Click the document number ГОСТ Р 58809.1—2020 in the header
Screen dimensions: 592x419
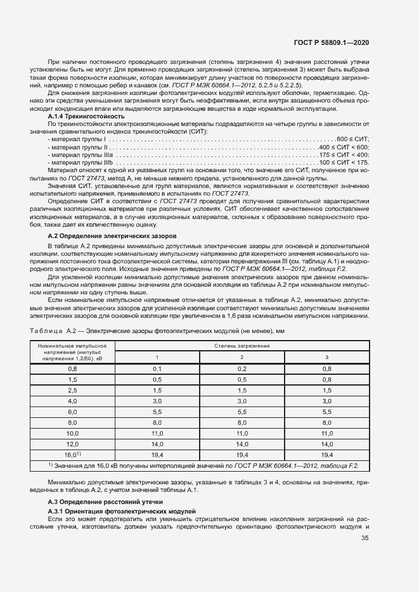[332, 42]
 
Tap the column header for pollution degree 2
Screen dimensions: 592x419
[242, 358]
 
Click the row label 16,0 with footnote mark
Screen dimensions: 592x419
[72, 455]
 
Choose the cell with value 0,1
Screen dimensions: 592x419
[157, 368]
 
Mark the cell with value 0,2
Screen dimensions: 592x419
[242, 368]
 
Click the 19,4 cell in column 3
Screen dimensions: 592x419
[326, 455]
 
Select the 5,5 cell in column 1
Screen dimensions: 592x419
[157, 412]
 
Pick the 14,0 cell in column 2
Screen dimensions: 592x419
[242, 444]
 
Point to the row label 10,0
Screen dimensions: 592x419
[72, 433]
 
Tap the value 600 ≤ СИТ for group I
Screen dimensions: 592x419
[353, 139]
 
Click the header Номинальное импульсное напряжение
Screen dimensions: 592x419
[72, 352]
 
